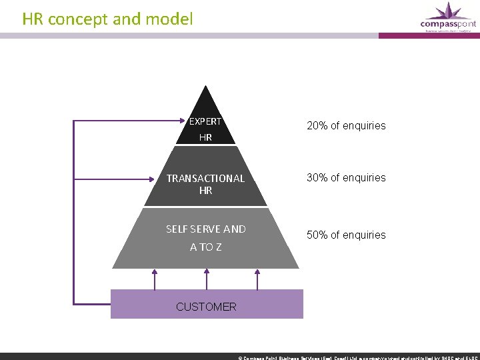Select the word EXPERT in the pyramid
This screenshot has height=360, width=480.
pos(205,121)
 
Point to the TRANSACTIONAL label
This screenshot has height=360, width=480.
pos(205,178)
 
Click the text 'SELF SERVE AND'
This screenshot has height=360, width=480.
pos(205,229)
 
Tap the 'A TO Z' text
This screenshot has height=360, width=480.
pos(205,247)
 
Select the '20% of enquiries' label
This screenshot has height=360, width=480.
pos(346,125)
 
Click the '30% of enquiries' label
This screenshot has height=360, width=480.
pos(346,177)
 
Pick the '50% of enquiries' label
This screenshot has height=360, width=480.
pos(346,235)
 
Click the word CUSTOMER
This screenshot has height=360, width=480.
pos(206,307)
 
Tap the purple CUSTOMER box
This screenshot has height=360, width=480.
pos(267,304)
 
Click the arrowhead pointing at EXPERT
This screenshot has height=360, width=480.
pos(185,122)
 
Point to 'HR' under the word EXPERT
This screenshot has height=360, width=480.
pos(205,138)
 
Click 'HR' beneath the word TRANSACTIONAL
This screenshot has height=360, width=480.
pos(205,191)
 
